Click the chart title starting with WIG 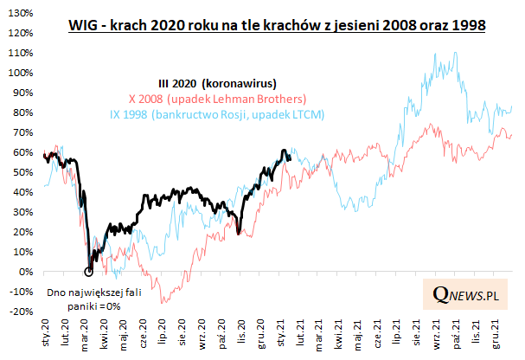(276, 26)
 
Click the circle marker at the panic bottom (88, 271)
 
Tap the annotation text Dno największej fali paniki (86, 299)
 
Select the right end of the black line (290, 158)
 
